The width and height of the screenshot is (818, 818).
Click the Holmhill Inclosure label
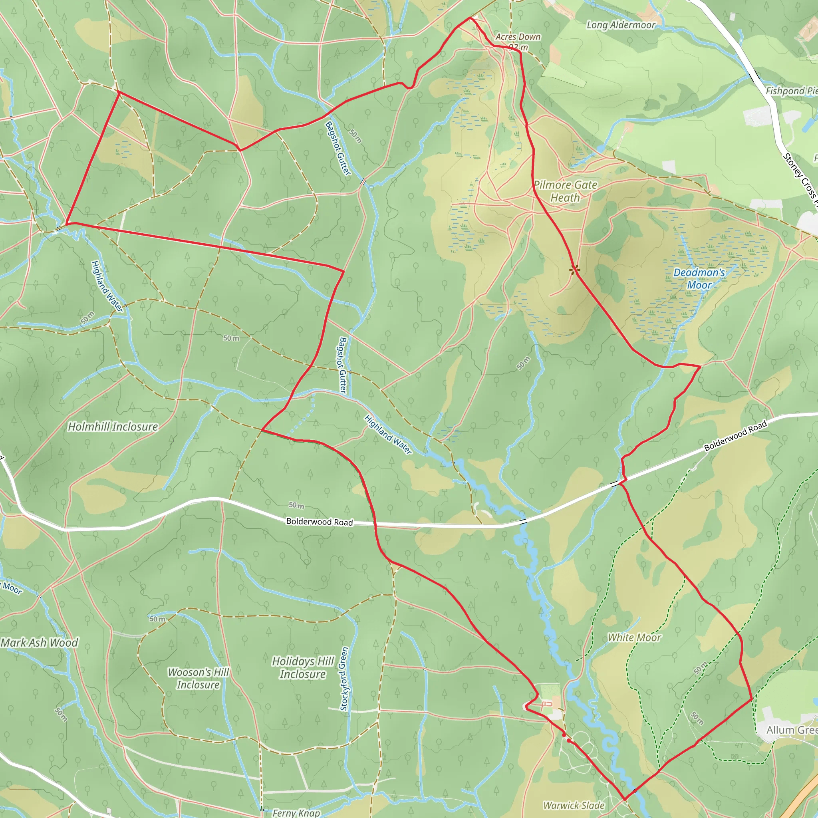(113, 427)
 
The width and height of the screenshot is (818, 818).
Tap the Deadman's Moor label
(699, 279)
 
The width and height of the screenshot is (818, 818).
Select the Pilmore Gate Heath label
(565, 191)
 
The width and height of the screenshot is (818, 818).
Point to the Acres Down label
(518, 37)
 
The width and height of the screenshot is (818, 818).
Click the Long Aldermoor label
(621, 26)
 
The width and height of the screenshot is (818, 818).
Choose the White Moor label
(634, 637)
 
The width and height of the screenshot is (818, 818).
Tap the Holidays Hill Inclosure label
(303, 668)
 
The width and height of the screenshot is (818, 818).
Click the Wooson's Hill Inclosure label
(198, 678)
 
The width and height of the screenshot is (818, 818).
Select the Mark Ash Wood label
(40, 643)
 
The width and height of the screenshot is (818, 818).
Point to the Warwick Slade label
(574, 805)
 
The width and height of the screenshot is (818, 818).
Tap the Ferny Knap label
(296, 812)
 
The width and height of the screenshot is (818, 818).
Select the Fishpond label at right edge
(791, 91)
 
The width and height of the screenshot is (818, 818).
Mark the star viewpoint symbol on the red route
(574, 269)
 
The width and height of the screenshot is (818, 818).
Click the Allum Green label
(791, 730)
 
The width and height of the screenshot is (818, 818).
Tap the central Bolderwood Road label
(319, 522)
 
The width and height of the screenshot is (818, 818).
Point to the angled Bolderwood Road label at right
(735, 436)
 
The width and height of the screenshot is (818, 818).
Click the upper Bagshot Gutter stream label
(338, 148)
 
